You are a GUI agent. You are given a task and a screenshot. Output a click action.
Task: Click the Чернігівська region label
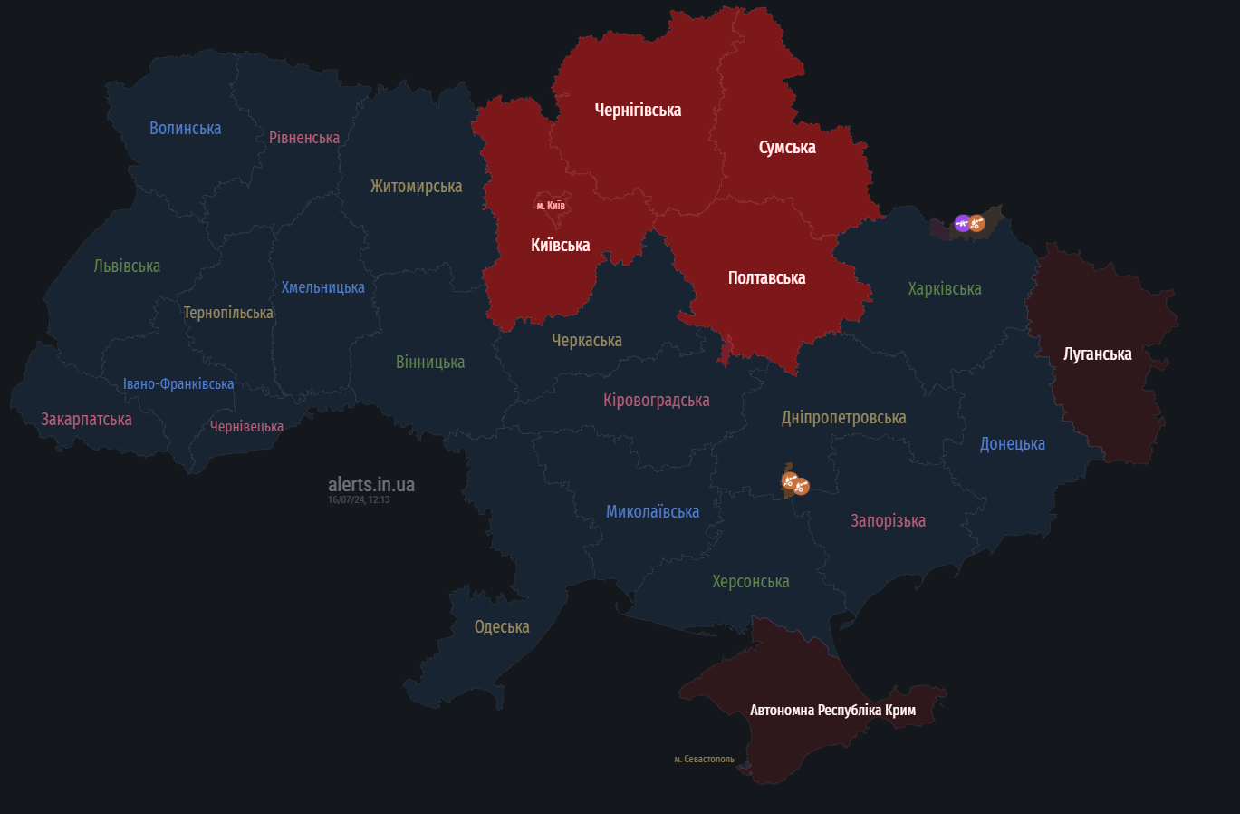638,111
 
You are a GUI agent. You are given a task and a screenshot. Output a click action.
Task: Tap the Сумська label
787,148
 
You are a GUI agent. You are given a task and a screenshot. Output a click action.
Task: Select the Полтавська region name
766,278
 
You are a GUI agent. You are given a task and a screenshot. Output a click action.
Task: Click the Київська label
560,246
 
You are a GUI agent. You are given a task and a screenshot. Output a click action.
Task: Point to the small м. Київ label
551,206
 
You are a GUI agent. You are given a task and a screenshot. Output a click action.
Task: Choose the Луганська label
1097,354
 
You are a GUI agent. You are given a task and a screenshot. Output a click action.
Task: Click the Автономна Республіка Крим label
832,711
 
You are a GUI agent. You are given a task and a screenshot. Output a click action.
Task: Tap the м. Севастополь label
704,760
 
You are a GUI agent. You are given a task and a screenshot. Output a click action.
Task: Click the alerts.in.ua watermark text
371,485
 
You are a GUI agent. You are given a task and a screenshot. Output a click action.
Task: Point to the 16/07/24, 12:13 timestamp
359,500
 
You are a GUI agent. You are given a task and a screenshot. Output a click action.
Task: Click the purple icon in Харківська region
962,223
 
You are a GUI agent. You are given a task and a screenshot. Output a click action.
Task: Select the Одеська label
502,627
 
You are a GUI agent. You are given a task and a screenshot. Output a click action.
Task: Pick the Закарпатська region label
86,420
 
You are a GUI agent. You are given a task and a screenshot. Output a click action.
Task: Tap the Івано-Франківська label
178,384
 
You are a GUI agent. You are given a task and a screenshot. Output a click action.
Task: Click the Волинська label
185,129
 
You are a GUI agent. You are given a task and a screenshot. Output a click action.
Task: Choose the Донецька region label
1012,444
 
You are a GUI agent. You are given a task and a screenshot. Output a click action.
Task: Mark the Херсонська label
750,582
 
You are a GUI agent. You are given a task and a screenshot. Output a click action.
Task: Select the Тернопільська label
228,313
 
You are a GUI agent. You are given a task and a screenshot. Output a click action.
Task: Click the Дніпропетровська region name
843,418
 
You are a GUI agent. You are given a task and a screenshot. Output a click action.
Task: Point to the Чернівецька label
246,427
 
